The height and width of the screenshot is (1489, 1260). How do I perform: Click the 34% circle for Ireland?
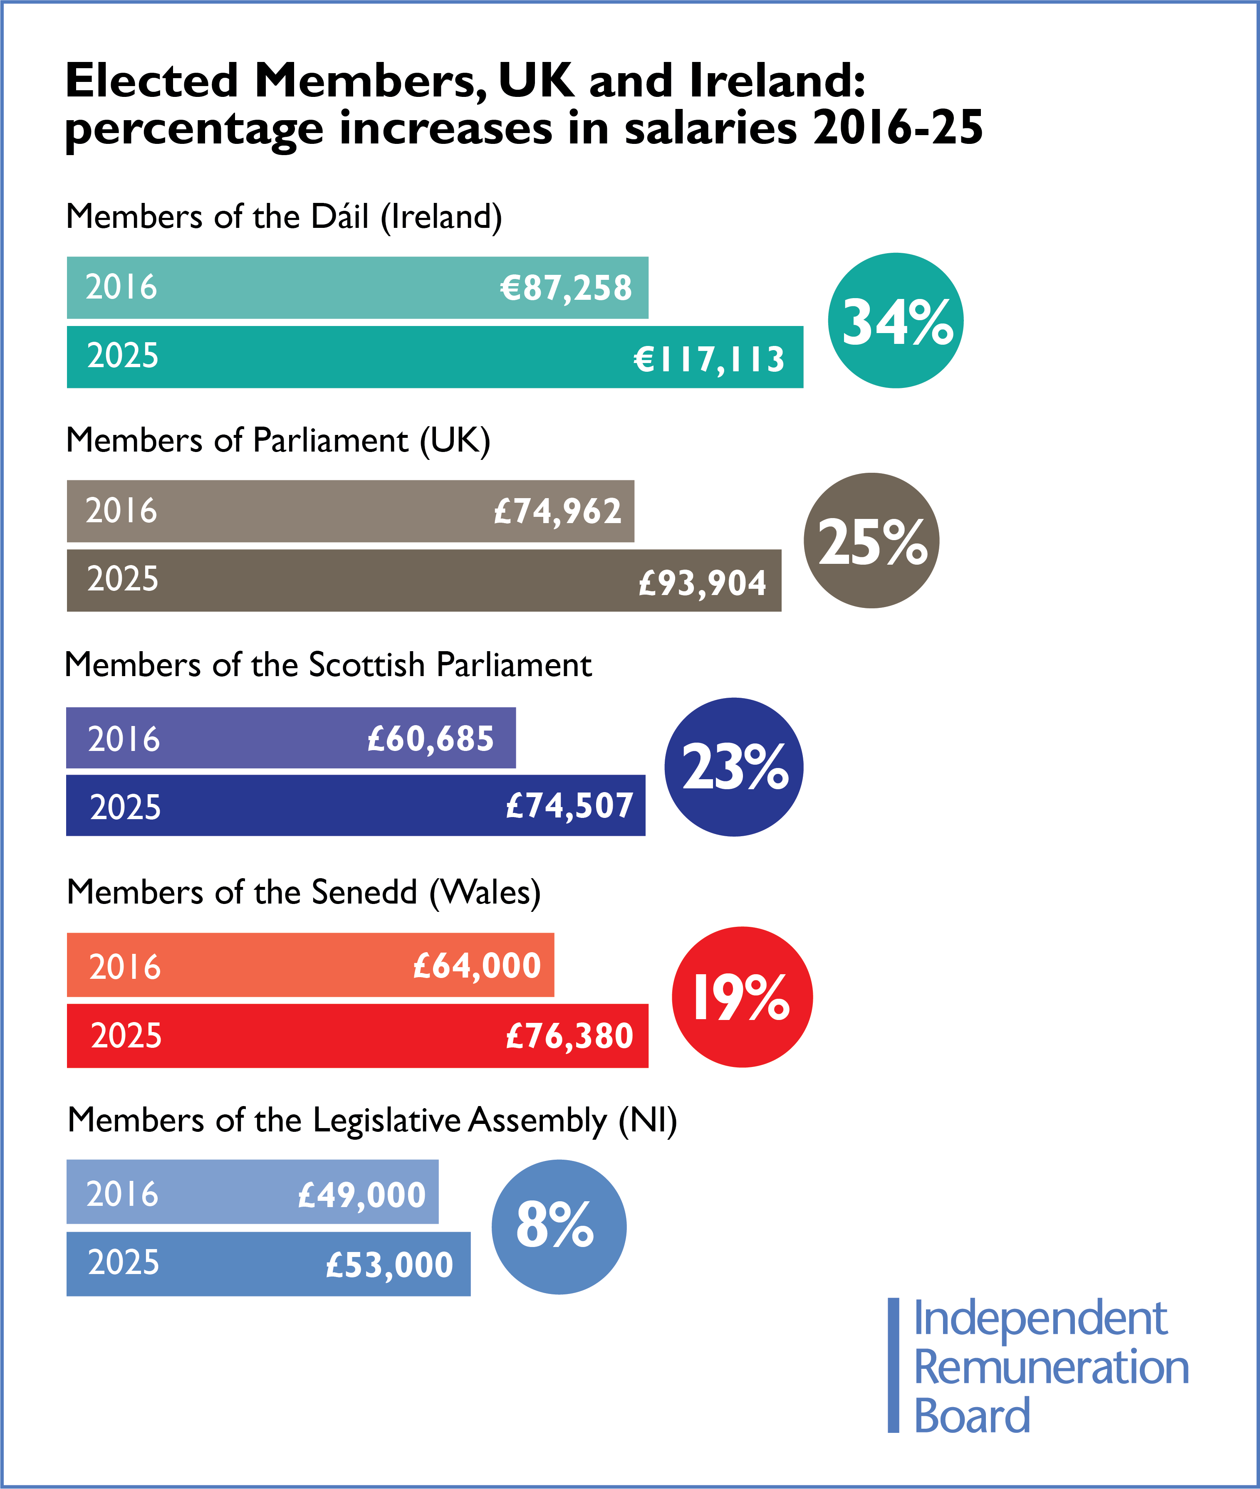pyautogui.click(x=895, y=321)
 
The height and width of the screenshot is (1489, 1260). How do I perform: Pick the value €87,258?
pyautogui.click(x=566, y=288)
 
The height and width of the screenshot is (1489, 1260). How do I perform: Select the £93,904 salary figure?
pyautogui.click(x=702, y=583)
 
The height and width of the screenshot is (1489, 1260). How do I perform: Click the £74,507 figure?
pyautogui.click(x=569, y=806)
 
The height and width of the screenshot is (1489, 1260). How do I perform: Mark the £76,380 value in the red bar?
pyautogui.click(x=569, y=1036)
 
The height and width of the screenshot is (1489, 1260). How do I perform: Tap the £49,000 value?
pyautogui.click(x=361, y=1195)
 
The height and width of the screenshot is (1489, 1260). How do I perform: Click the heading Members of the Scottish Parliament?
pyautogui.click(x=328, y=664)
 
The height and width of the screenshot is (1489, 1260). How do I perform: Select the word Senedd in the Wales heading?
pyautogui.click(x=364, y=892)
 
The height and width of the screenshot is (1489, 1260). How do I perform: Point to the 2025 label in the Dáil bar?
pyautogui.click(x=123, y=356)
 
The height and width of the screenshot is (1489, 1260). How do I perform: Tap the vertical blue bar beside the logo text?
pyautogui.click(x=893, y=1365)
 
